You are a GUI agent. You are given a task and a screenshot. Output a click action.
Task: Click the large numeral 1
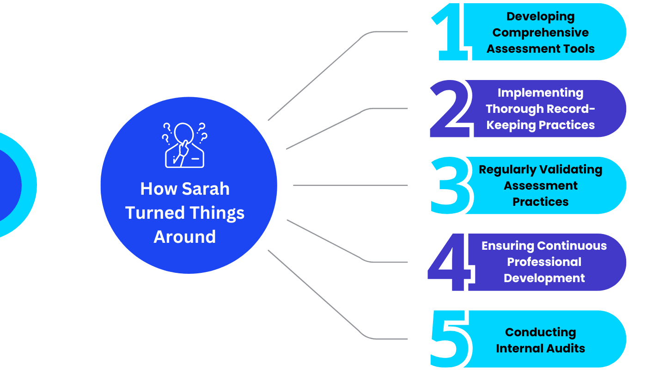451,32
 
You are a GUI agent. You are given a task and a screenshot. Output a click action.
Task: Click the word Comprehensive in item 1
541,33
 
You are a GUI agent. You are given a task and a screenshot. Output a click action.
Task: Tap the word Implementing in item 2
540,93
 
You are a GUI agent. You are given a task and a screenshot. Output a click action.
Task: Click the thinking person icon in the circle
185,145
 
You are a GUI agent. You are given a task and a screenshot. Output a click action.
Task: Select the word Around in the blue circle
185,237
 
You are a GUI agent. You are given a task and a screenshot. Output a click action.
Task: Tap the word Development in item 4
544,278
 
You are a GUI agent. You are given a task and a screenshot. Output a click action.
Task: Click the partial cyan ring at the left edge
29,185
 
